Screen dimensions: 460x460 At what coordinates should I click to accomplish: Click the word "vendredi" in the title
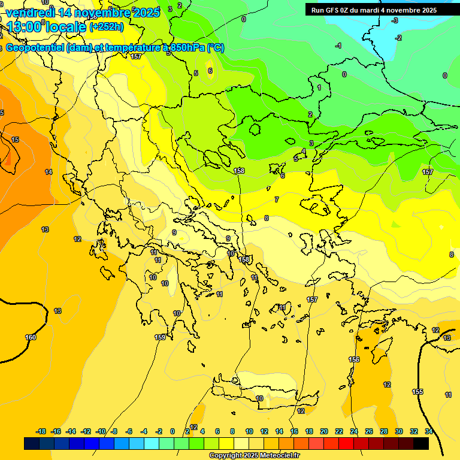pos(30,12)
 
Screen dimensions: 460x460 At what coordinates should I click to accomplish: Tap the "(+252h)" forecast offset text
pos(106,26)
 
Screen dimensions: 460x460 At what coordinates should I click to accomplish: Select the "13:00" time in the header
pos(26,26)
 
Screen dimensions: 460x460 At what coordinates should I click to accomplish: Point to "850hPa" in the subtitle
pos(187,48)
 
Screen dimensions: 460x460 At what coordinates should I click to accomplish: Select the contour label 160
pos(31,337)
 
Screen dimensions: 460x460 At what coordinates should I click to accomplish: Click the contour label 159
pos(160,337)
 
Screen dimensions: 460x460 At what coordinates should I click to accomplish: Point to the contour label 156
pos(354,359)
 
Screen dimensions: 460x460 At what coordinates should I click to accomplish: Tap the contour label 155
pos(417,392)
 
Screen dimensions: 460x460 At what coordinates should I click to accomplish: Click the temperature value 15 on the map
pos(16,140)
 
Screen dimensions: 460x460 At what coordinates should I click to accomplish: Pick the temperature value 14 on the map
pos(49,172)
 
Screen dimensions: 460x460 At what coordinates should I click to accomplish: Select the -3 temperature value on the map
pos(395,20)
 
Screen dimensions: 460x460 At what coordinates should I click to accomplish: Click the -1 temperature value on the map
pos(338,46)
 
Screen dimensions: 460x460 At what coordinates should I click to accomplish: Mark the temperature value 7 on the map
pos(276,199)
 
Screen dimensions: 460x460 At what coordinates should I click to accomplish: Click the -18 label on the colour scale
pos(41,431)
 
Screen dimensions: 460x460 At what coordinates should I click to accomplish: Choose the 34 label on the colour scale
pos(429,431)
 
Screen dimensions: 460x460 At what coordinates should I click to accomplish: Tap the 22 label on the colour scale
pos(338,431)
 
